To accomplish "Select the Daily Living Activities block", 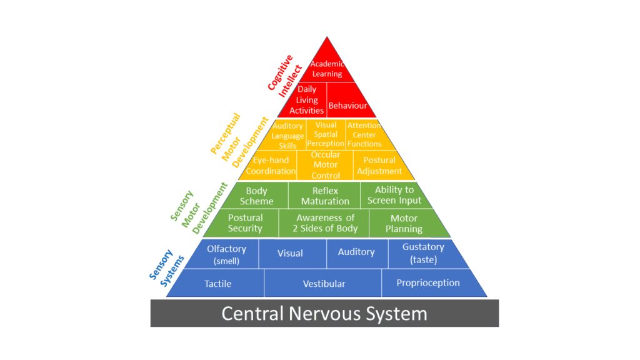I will point(306,100).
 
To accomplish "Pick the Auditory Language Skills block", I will point(288,135).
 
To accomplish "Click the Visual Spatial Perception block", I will point(326,134).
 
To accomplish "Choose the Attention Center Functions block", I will point(364,134).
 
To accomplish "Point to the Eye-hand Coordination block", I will point(271,166).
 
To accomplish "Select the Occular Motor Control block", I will point(325,165).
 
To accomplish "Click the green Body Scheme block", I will point(257,196).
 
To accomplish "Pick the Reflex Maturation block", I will point(325,196).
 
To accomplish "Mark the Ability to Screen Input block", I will point(394,195).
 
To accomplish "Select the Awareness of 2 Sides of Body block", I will point(325,223).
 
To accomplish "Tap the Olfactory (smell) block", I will point(226,254).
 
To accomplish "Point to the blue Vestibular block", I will point(324,284).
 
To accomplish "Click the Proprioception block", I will point(428,283).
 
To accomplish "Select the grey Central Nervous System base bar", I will point(324,313).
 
